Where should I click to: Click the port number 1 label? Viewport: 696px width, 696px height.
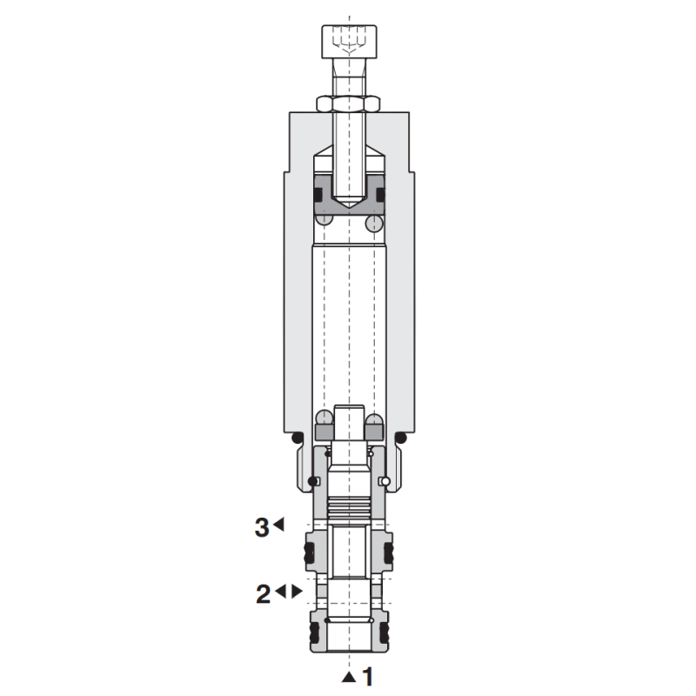tap(367, 677)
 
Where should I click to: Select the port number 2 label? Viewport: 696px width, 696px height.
tap(264, 594)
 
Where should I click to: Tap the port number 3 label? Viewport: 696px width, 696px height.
tap(262, 527)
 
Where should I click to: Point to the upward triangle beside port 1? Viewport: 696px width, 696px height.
tap(349, 677)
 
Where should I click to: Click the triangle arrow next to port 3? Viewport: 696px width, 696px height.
tap(278, 525)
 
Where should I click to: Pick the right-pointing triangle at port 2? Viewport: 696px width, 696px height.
tap(297, 592)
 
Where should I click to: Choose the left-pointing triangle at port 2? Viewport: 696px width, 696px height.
tap(280, 592)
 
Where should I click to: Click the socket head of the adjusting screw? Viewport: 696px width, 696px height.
tap(350, 41)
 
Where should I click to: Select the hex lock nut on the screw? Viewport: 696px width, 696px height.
tap(349, 104)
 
